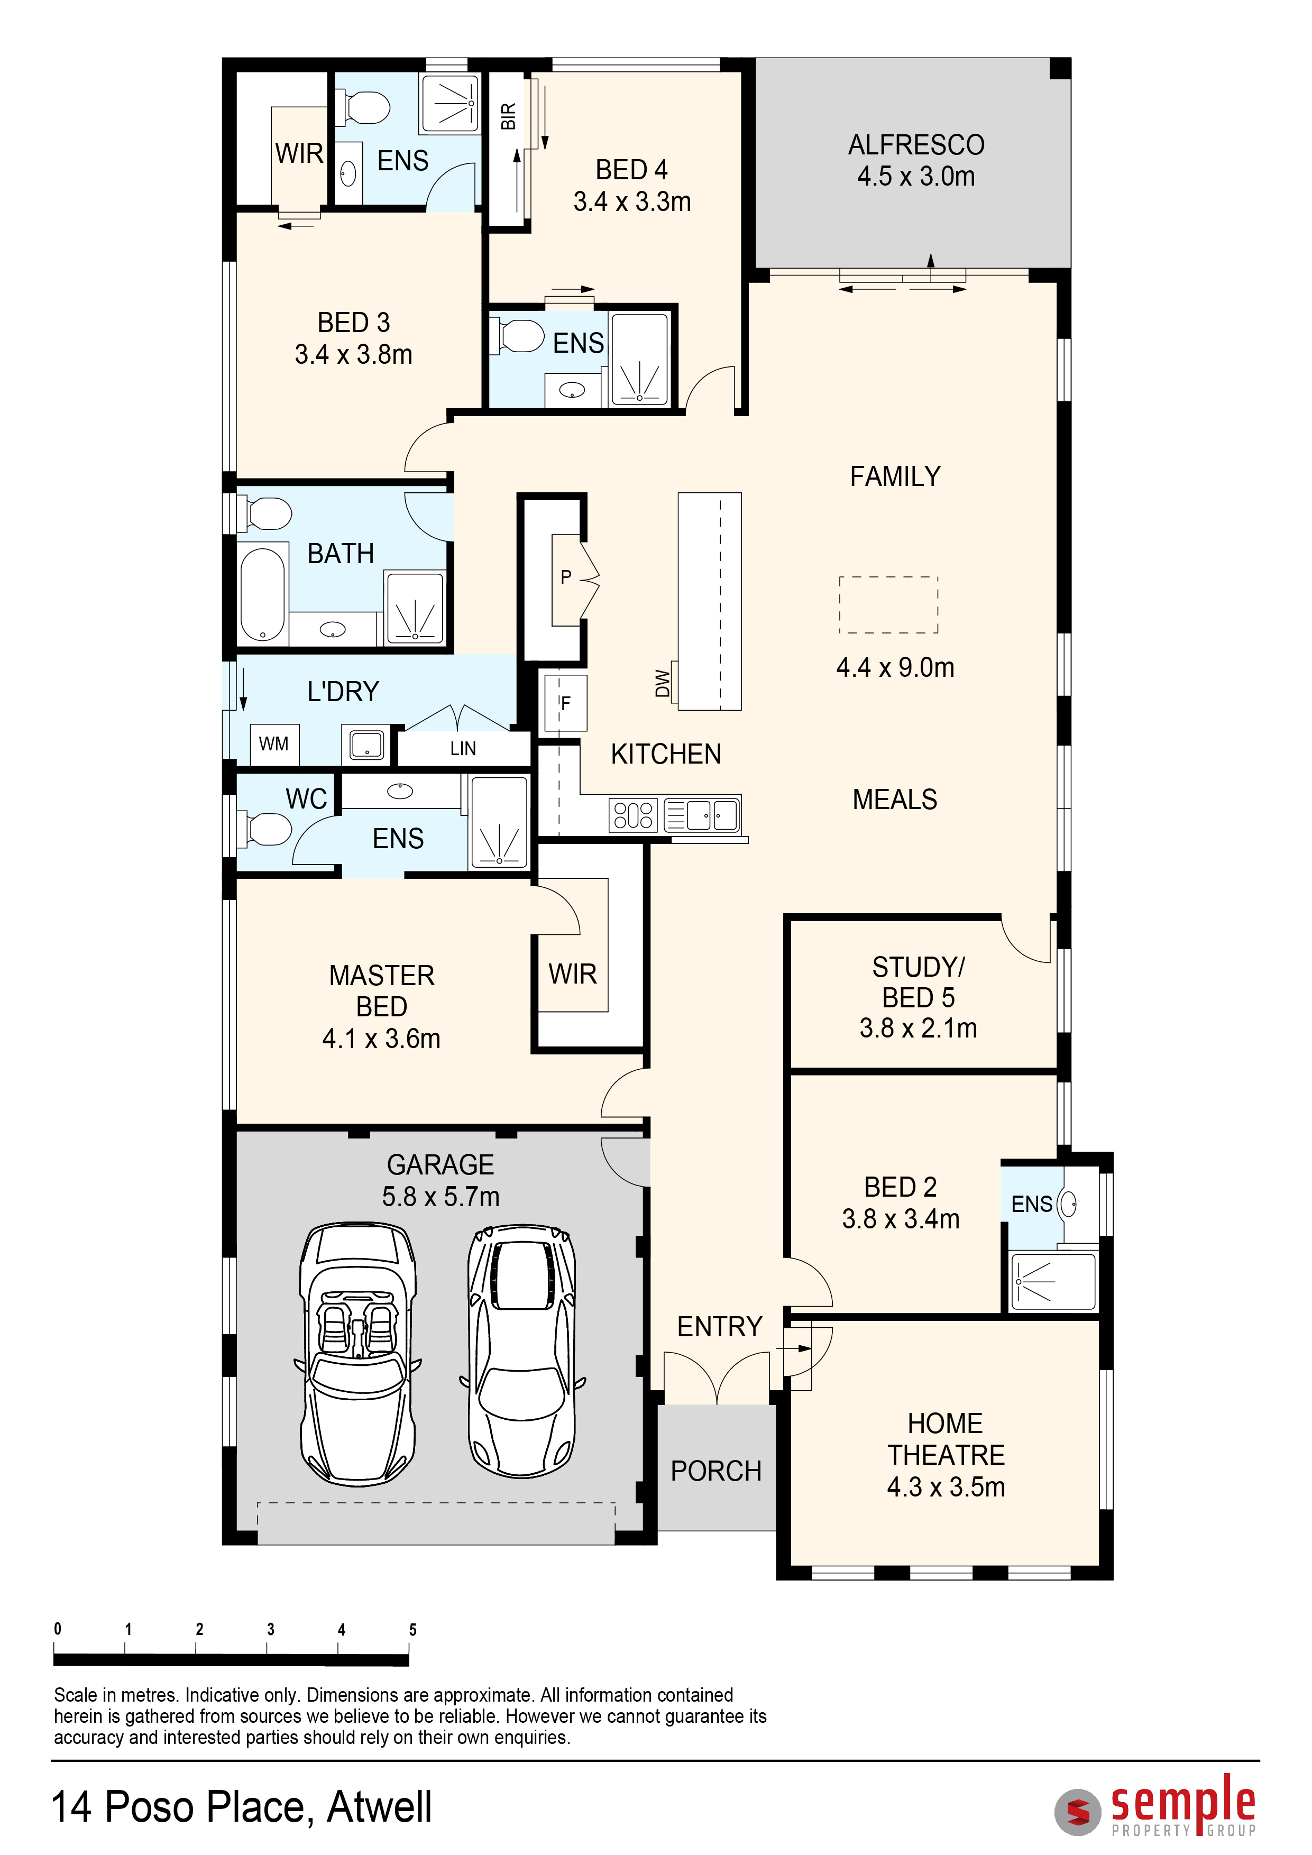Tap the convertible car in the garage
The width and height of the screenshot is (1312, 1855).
[358, 1354]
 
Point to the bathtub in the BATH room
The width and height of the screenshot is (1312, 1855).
[263, 594]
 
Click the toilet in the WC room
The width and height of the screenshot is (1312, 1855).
[263, 829]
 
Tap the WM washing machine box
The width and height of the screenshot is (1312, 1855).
[274, 744]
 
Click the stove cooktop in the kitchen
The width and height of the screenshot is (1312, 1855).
[634, 815]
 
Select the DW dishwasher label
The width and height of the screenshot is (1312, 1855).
[663, 683]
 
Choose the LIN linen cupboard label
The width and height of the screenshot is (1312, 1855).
[463, 749]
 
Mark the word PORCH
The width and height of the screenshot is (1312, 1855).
[716, 1471]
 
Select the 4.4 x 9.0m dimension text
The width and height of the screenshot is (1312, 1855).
[895, 667]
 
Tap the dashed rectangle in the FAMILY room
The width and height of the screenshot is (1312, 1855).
[888, 605]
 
